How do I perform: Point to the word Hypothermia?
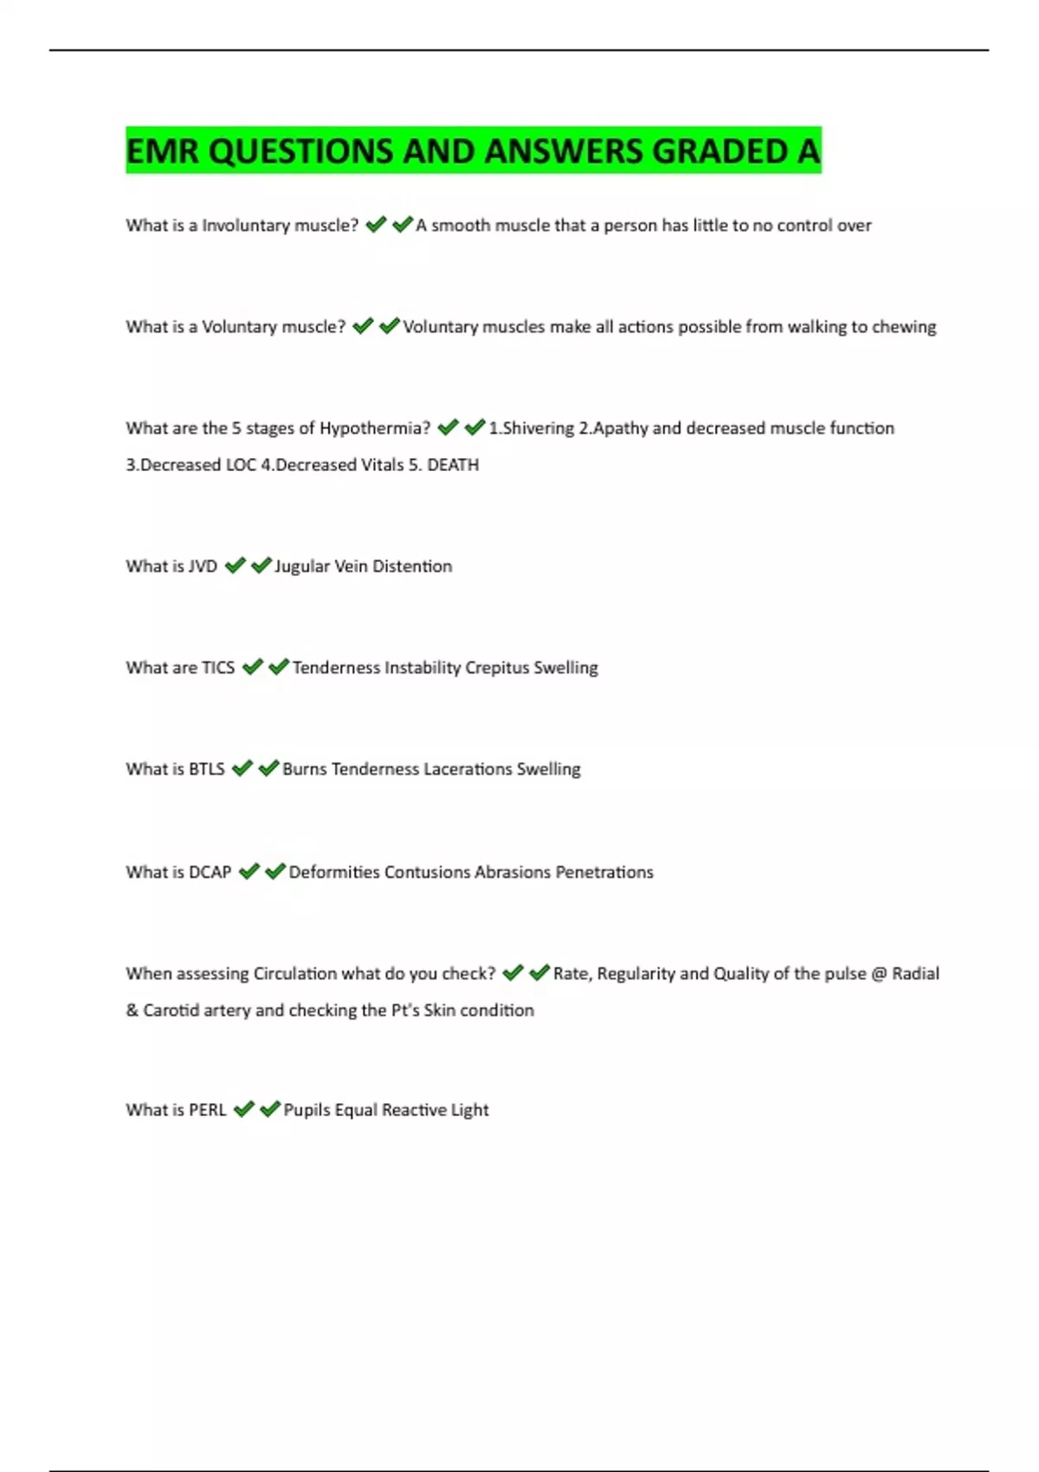tap(374, 429)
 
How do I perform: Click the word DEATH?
tap(453, 465)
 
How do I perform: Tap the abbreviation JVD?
tap(203, 566)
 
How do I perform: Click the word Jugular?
tap(301, 566)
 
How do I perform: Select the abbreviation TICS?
tap(218, 668)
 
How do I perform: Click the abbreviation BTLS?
tap(207, 769)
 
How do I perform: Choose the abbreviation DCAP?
tap(210, 872)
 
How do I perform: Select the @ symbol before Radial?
tap(879, 974)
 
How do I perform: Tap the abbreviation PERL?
tap(208, 1110)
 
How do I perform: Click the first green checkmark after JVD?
tap(235, 565)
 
